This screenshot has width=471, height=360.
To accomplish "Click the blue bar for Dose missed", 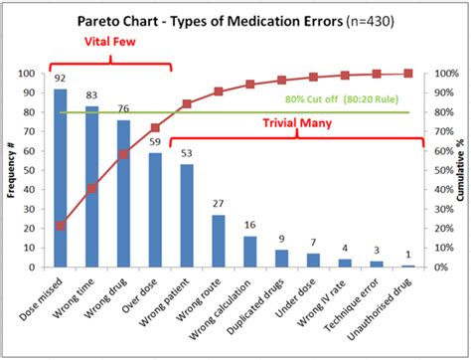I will [x=61, y=179].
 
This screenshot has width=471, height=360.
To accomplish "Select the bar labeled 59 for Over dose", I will [x=156, y=210].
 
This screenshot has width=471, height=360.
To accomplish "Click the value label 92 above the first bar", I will [x=61, y=79].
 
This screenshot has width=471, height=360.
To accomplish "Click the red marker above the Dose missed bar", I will [x=61, y=226].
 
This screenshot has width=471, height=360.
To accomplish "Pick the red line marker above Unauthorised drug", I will [x=408, y=74].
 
